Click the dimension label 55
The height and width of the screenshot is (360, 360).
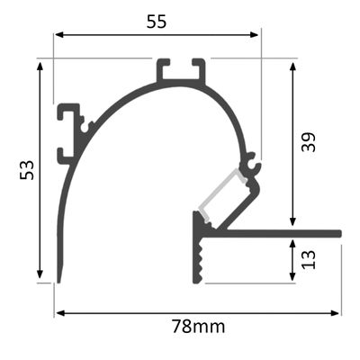pyautogui.click(x=157, y=22)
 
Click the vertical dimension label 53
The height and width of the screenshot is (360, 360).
pyautogui.click(x=26, y=170)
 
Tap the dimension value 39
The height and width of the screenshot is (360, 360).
pyautogui.click(x=309, y=142)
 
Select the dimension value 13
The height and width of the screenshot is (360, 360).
pyautogui.click(x=309, y=260)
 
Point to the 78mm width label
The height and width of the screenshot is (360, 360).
pyautogui.click(x=198, y=326)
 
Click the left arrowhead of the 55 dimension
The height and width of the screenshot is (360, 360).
pyautogui.click(x=58, y=35)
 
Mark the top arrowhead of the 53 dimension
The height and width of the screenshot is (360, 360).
pyautogui.click(x=40, y=67)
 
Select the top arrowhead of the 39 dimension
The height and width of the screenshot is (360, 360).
pyautogui.click(x=293, y=67)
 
